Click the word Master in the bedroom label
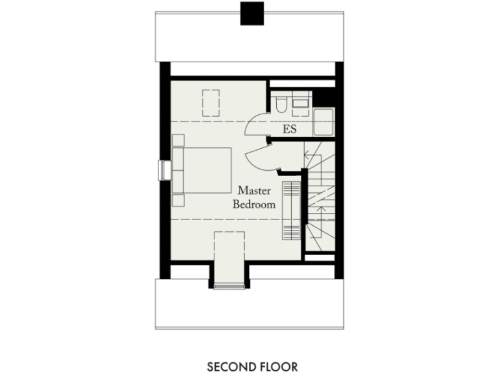click(253, 191)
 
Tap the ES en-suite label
click(290, 129)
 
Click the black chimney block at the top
click(252, 13)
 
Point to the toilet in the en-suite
click(280, 106)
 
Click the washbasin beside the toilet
click(300, 101)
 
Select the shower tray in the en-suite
click(323, 122)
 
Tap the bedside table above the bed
click(179, 140)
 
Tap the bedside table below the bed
click(179, 199)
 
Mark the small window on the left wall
click(162, 169)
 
